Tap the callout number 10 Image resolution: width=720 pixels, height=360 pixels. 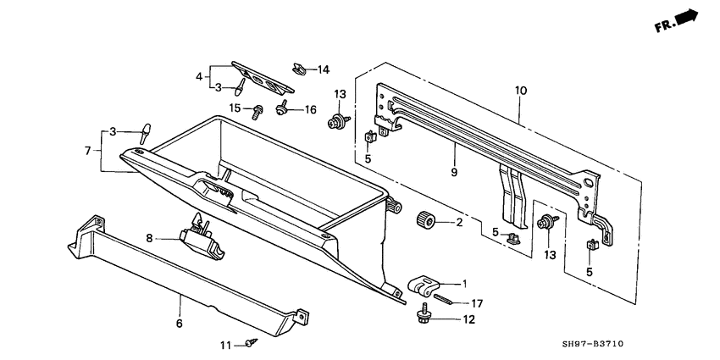(520, 89)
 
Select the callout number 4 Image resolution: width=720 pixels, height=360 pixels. (199, 76)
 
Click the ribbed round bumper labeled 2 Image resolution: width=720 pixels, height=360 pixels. (426, 222)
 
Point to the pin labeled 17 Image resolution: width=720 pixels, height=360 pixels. (446, 297)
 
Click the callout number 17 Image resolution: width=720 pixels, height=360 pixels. (477, 302)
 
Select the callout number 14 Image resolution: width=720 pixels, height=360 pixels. (323, 69)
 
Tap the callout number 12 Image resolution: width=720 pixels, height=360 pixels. (469, 319)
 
